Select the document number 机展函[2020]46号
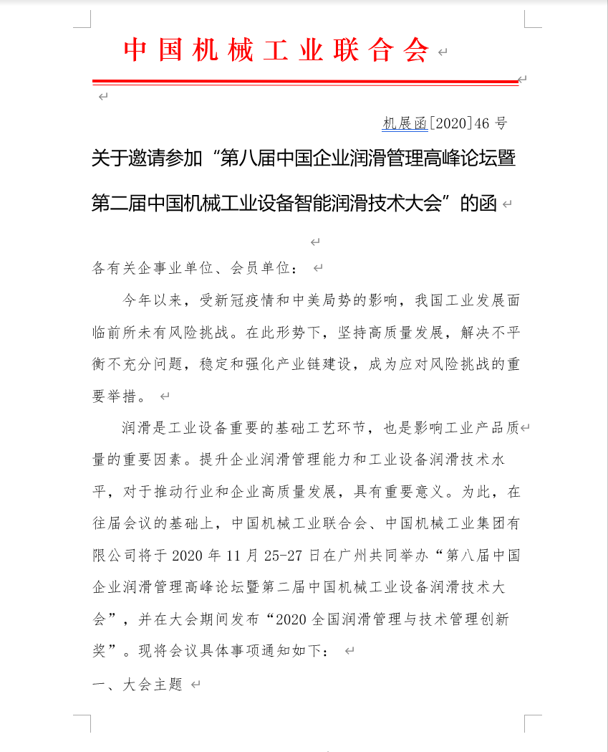pos(444,123)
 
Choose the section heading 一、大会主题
pos(138,685)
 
